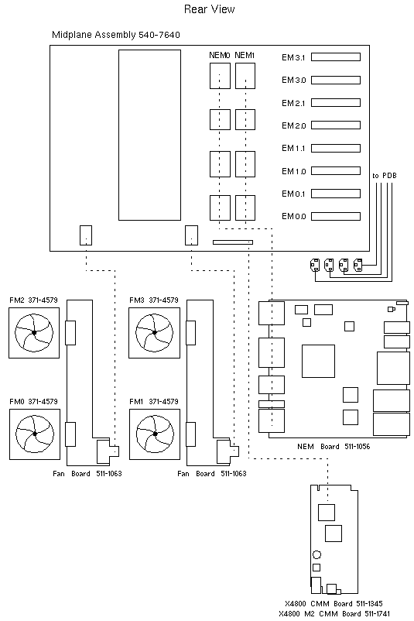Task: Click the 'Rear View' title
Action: [x=209, y=9]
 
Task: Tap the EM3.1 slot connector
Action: [x=337, y=57]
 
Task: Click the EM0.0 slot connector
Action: [x=337, y=217]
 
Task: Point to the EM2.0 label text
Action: [x=294, y=125]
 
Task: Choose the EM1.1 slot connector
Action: [x=337, y=149]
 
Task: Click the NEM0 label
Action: [x=219, y=55]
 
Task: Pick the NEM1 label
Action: [x=245, y=55]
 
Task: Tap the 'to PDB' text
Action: [x=385, y=176]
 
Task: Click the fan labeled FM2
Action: [x=34, y=333]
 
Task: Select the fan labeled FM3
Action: [x=155, y=333]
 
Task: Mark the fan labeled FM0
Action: [x=34, y=433]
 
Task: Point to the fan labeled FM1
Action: [x=155, y=433]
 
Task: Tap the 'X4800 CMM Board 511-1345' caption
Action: [x=334, y=603]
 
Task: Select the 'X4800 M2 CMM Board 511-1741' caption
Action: [x=334, y=613]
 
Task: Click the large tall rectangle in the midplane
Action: [x=149, y=135]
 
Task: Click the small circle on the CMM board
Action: [x=316, y=554]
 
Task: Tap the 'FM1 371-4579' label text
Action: [x=153, y=401]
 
